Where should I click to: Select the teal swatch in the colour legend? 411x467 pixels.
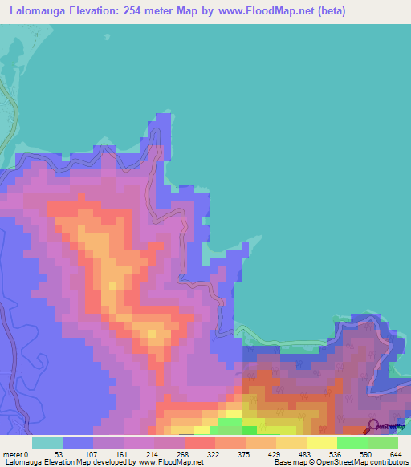(47, 442)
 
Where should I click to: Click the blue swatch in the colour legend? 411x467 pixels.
(78, 442)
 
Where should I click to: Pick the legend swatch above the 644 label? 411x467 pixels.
(383, 442)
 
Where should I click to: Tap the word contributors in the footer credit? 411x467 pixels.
(385, 461)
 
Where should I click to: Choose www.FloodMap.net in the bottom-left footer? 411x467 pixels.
(170, 461)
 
